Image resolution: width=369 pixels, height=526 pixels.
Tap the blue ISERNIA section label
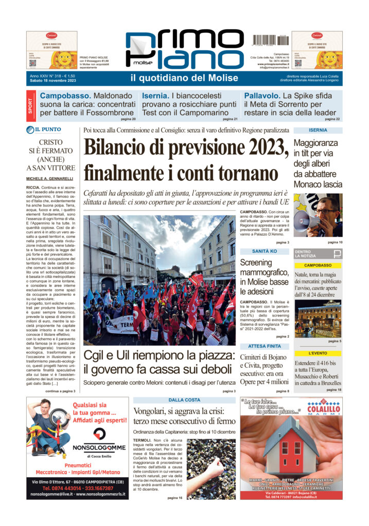(318, 130)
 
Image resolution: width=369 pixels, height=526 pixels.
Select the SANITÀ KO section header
(264, 251)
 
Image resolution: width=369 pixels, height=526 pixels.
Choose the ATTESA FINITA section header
(264, 346)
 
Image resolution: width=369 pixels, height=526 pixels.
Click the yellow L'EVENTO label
(318, 353)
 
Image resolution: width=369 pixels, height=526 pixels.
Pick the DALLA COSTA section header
(184, 400)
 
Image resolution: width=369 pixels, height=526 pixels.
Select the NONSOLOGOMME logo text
(100, 448)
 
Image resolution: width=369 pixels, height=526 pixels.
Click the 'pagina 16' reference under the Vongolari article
(174, 498)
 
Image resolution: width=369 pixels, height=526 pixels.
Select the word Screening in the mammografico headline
(256, 262)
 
